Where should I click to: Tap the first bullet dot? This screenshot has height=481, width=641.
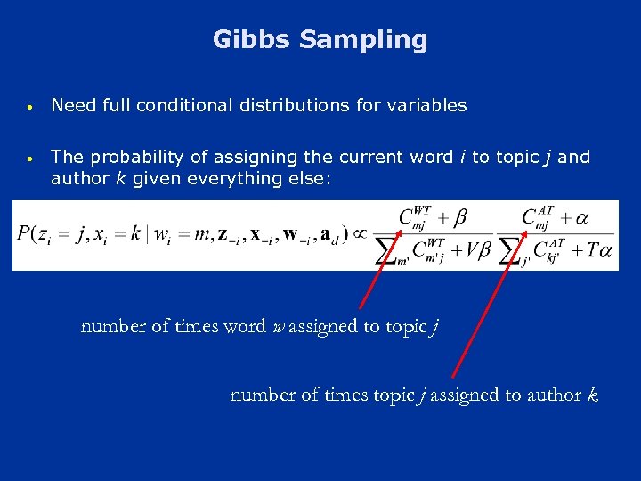(x=30, y=107)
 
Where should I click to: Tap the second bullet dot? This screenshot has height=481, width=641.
(x=30, y=159)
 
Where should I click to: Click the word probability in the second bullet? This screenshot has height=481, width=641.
(x=132, y=158)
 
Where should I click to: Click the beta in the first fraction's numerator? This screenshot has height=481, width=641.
(x=461, y=217)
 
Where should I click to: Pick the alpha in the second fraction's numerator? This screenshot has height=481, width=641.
(x=584, y=217)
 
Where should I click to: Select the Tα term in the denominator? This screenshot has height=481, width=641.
(x=599, y=252)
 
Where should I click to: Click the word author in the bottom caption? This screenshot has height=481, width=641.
(x=553, y=395)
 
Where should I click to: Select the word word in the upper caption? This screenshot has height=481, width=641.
(x=245, y=326)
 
